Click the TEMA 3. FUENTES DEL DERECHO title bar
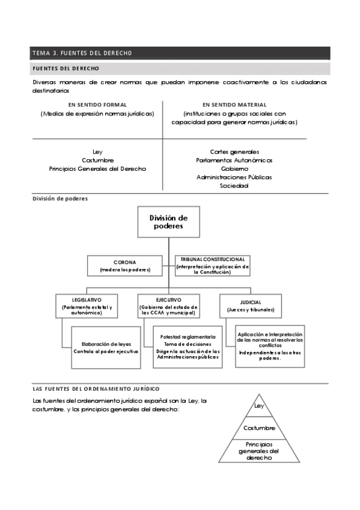point(180,53)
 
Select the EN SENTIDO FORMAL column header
point(97,105)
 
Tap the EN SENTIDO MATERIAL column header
point(234,105)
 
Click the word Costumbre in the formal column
point(97,161)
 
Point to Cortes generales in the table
point(234,152)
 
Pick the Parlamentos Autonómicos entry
point(234,161)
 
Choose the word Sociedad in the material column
point(234,186)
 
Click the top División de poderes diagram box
point(168,222)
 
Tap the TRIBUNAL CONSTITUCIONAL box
point(213,265)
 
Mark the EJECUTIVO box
point(168,306)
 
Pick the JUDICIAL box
point(251,306)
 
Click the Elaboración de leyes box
point(106,347)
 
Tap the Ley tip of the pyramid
point(259,407)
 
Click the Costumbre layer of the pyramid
point(259,428)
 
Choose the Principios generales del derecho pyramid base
point(259,450)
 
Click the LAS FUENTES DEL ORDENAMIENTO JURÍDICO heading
point(96,389)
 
